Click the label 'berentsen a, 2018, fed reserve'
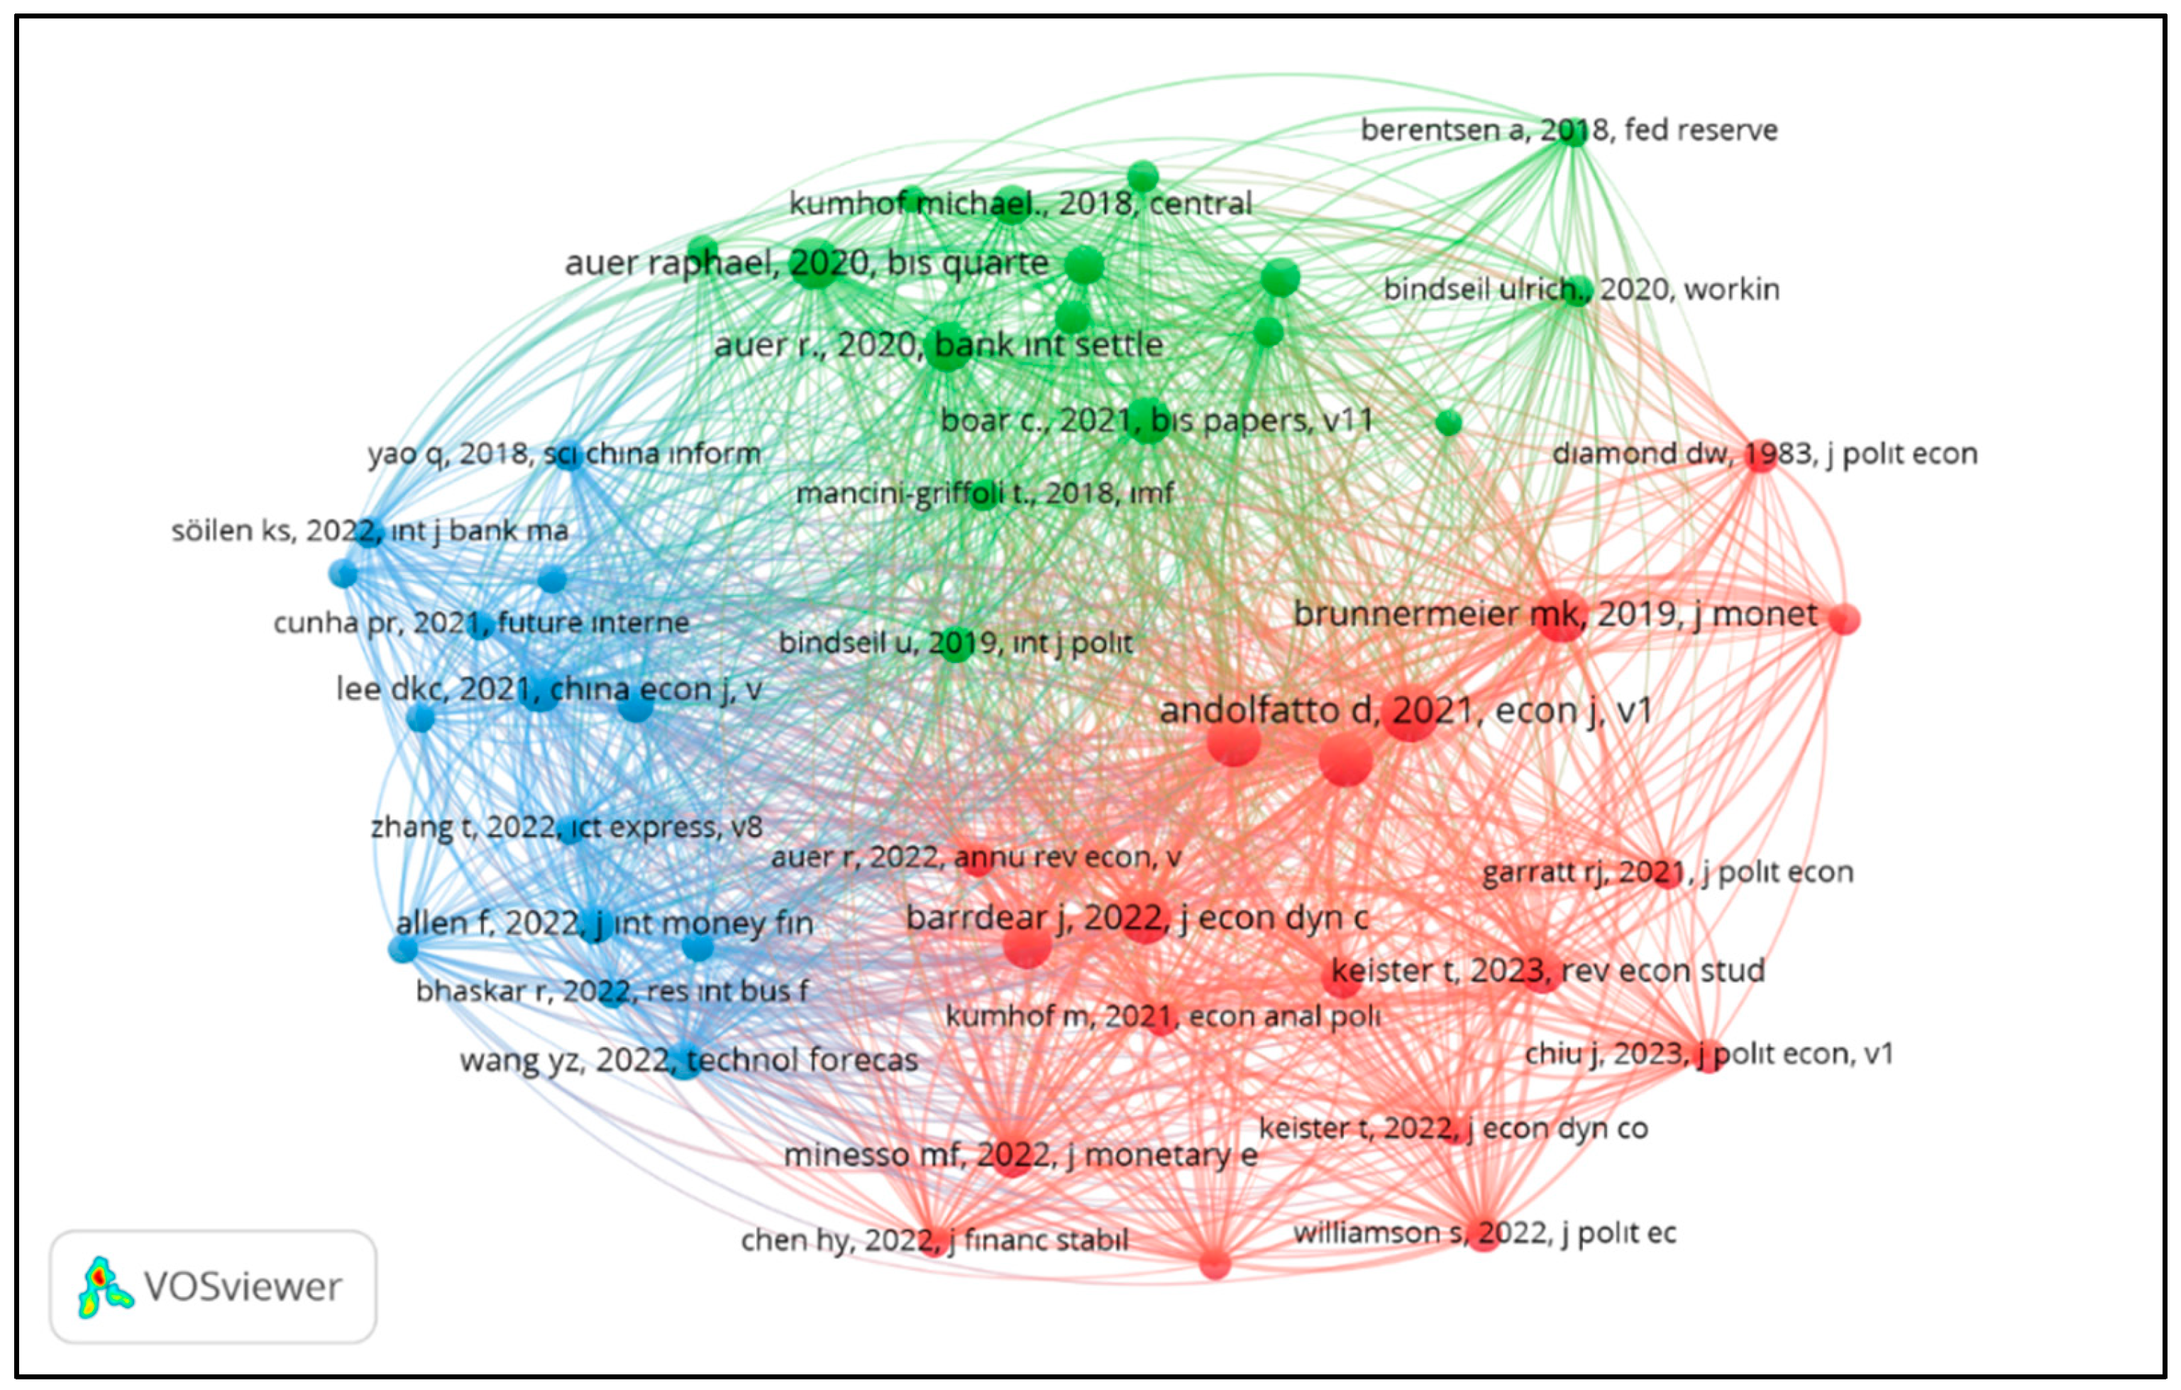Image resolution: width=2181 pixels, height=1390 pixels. click(1569, 131)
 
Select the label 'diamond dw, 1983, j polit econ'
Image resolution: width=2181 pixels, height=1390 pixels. click(1765, 453)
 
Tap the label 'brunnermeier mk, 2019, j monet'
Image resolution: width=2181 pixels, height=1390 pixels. click(1555, 614)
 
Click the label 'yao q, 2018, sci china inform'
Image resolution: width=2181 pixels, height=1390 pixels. click(563, 453)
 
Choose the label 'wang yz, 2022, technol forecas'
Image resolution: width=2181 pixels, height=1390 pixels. click(688, 1059)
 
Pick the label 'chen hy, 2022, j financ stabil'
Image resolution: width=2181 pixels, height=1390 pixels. click(934, 1239)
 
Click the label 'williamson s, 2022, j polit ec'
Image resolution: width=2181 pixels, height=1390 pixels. click(1484, 1232)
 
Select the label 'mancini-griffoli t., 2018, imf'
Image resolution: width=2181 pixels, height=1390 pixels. click(985, 493)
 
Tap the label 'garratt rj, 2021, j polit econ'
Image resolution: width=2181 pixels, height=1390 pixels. click(1667, 872)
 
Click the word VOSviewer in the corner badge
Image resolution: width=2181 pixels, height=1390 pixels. click(243, 1286)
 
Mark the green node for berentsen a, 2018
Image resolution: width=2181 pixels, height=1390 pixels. click(1575, 132)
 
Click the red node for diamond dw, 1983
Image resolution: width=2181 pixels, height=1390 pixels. click(1760, 455)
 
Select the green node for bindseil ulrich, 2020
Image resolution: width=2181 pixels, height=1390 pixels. click(1578, 291)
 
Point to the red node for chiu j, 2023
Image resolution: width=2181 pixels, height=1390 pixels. click(1708, 1056)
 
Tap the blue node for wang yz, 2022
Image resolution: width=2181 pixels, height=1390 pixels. click(685, 1062)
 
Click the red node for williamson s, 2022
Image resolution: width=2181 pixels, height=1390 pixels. click(1483, 1235)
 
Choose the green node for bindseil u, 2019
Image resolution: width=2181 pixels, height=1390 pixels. click(956, 645)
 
